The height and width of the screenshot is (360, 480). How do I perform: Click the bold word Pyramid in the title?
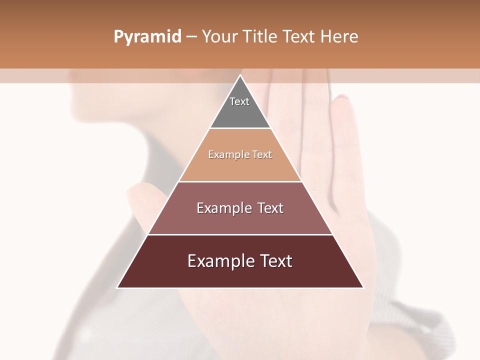coord(147,37)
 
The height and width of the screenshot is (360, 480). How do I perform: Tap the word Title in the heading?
coord(260,37)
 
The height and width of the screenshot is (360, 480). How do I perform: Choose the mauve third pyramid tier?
coord(240,220)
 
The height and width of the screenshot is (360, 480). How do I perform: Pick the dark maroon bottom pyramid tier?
coord(240,275)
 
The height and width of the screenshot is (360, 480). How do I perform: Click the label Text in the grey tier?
coord(239,101)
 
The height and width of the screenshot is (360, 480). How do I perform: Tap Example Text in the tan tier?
coord(240,154)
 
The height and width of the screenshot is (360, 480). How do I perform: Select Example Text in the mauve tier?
coord(240,208)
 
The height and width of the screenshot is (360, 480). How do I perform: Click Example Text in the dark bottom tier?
coord(240,261)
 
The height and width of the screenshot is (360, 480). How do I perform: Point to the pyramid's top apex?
coord(240,75)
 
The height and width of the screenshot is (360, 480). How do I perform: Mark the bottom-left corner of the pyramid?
coord(117,287)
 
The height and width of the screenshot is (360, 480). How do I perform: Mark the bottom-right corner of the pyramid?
coord(363,287)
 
